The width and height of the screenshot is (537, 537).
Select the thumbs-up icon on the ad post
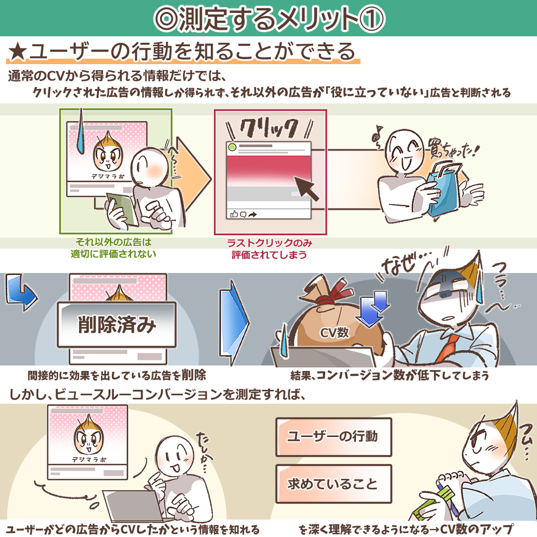pos(234,214)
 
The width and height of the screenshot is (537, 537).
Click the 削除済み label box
pos(116,324)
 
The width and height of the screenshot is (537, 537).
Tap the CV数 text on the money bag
pos(334,333)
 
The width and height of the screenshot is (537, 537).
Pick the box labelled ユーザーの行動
pos(334,437)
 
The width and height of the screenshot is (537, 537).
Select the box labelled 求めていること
pos(334,484)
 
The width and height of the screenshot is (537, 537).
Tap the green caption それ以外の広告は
pos(113,242)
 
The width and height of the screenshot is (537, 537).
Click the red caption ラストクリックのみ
pos(269,243)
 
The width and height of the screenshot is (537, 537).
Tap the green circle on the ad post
pos(232,148)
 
